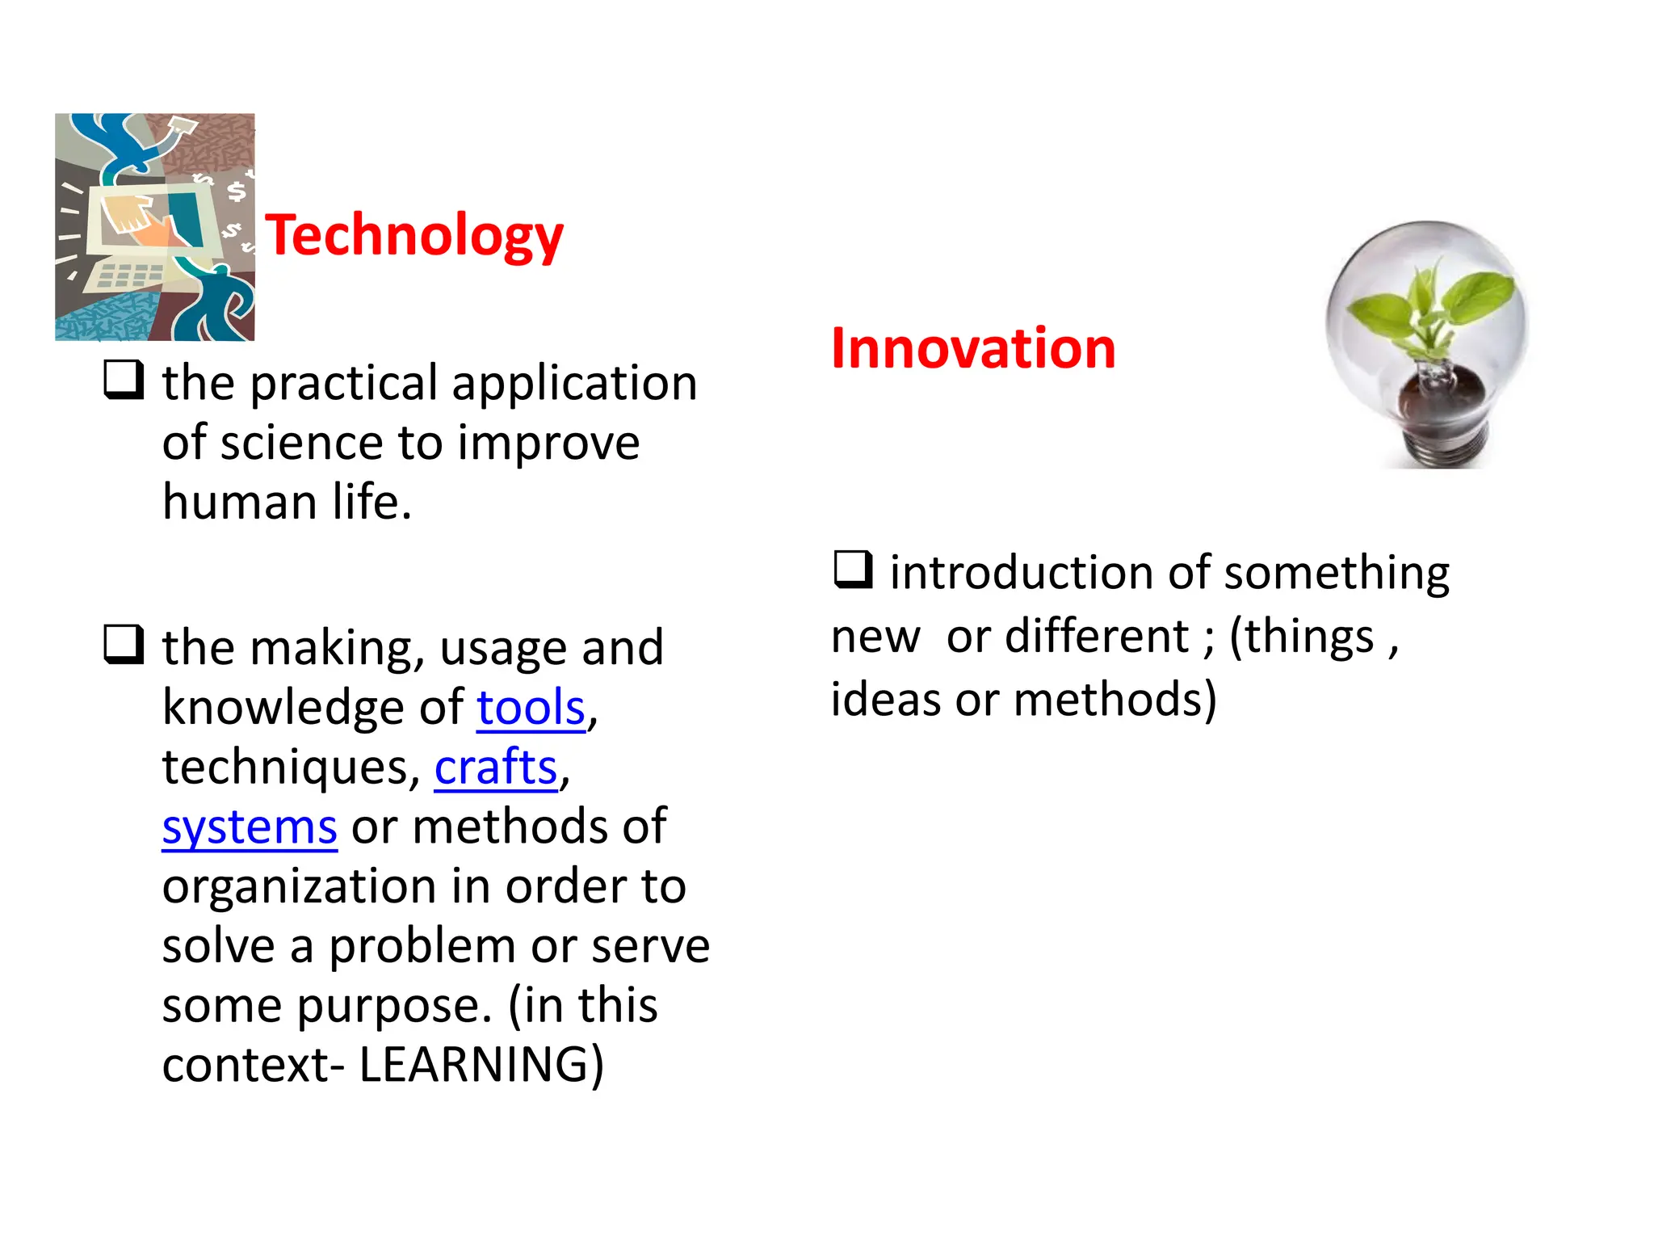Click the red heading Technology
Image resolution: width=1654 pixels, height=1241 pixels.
414,235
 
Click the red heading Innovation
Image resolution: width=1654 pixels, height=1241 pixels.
973,348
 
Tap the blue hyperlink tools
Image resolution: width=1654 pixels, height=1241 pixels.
531,708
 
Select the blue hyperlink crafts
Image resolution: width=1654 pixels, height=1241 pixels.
496,767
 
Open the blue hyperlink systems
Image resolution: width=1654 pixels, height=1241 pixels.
250,827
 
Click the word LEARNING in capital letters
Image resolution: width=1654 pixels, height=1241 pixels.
481,1064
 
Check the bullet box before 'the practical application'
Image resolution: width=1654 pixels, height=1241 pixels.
124,380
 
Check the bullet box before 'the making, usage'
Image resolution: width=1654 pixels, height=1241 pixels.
124,644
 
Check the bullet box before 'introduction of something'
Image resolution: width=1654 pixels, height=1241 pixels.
853,569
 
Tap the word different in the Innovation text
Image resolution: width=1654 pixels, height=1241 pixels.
1097,636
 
